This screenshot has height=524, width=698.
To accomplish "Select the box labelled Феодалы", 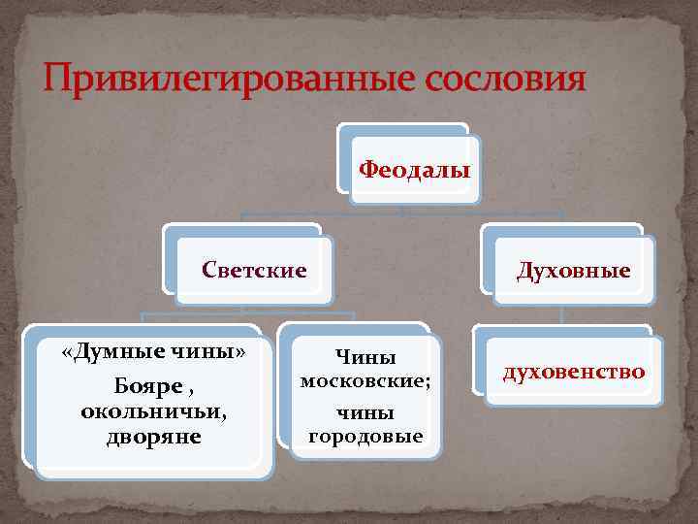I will pos(415,171).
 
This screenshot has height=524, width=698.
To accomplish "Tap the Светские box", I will pos(254,269).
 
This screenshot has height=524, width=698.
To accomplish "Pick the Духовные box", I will pos(573,270).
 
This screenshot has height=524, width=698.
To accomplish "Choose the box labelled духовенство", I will pos(573,371).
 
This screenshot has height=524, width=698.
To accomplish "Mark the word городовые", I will pos(365,437).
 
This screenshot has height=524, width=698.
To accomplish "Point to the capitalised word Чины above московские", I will pos(365,357).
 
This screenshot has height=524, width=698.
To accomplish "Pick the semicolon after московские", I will pos(428,382).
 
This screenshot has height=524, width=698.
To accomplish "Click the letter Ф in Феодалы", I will pos(368,171).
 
